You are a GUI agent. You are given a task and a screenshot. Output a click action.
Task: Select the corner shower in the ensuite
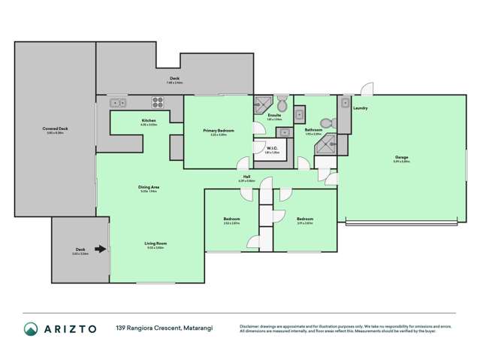pos(263,105)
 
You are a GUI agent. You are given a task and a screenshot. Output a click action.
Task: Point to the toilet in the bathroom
pos(327,123)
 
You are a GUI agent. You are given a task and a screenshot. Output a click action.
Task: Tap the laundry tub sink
pos(346,104)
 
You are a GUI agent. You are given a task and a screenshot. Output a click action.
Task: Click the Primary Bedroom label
pos(219,130)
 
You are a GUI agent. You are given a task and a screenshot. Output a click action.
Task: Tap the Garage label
pos(402,158)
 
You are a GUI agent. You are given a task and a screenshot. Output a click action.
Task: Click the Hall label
pos(246,177)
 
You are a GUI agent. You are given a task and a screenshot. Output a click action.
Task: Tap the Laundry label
pos(361,108)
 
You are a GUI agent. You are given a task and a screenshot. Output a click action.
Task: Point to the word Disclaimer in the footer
pos(251,325)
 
